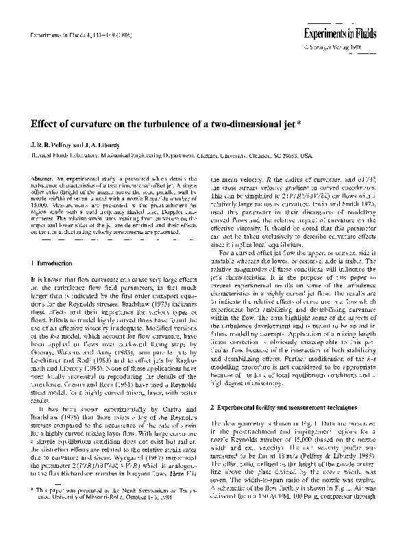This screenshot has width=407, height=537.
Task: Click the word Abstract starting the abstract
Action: pos(42,178)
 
